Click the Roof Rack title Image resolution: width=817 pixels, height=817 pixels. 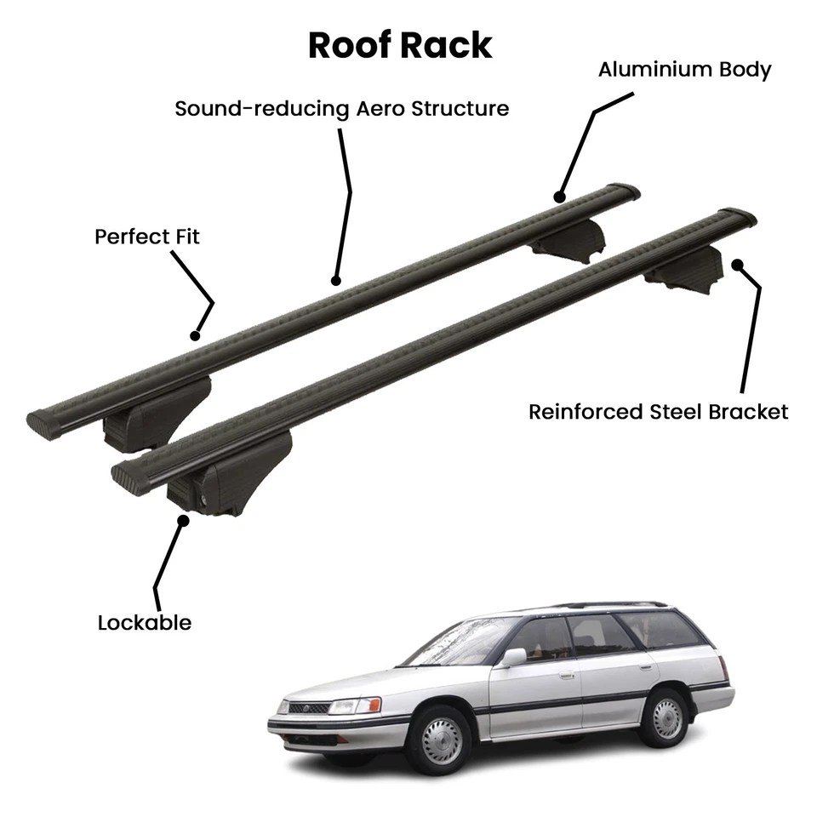[x=400, y=45]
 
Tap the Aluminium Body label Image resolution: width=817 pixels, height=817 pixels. [x=684, y=69]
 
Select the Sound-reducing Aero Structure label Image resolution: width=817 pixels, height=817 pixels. [x=341, y=109]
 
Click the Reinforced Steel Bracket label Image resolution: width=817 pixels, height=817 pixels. [x=658, y=412]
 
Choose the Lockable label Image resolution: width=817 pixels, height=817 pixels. [x=145, y=622]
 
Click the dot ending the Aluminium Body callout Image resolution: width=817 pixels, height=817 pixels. [x=559, y=197]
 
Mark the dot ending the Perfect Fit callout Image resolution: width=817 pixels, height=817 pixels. [x=195, y=335]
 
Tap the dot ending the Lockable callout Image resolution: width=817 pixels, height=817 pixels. [x=183, y=518]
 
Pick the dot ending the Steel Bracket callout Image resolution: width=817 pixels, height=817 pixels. [x=736, y=264]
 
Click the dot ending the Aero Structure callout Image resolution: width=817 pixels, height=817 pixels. [x=335, y=280]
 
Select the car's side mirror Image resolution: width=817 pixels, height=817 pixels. [x=513, y=656]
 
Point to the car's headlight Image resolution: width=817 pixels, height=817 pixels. [x=355, y=706]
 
